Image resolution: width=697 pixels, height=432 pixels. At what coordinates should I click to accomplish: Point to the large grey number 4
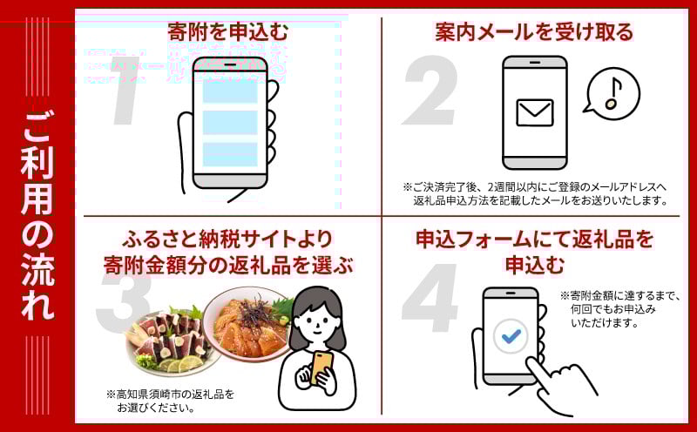430,299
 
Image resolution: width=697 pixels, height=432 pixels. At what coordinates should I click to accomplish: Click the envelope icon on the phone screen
535,112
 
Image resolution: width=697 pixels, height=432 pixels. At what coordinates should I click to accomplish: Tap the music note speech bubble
612,94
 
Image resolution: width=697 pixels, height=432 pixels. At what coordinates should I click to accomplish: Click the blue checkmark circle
511,336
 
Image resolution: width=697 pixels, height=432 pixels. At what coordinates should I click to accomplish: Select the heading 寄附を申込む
227,32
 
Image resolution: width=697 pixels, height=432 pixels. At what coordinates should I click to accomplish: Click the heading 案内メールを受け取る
534,32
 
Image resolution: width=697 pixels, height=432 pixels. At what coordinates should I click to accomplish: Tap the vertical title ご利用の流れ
37,215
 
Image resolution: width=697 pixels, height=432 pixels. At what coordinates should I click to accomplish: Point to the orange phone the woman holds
321,367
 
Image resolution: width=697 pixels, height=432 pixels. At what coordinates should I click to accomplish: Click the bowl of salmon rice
249,321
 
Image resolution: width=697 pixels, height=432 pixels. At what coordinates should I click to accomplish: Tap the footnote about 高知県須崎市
170,401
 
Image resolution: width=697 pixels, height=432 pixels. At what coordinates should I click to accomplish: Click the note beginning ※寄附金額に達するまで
619,309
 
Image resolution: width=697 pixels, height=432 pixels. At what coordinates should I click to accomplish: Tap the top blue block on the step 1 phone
230,92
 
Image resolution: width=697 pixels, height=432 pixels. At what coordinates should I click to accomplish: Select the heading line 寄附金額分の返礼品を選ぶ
228,266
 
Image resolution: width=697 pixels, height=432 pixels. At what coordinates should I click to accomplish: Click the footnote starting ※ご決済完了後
536,193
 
